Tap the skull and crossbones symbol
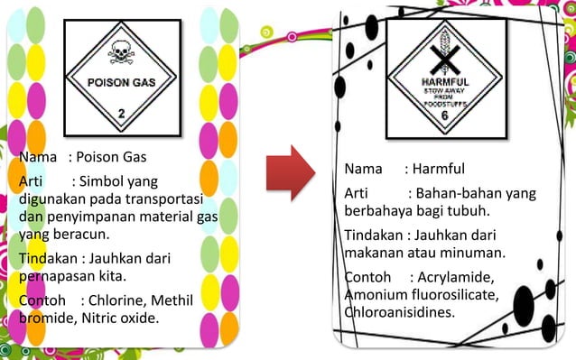tap(120, 54)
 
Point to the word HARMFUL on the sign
tap(443, 82)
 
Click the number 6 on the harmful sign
tap(443, 115)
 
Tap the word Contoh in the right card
tap(367, 276)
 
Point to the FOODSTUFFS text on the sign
tap(443, 104)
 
